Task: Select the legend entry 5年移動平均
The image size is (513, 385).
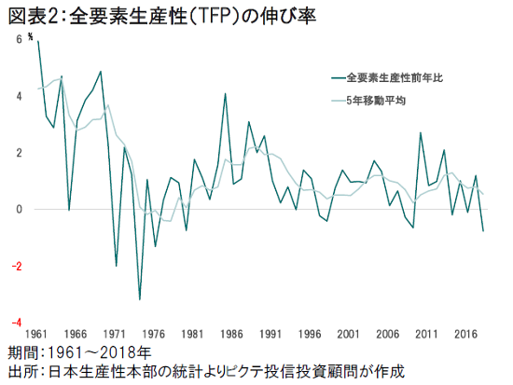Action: [x=376, y=101]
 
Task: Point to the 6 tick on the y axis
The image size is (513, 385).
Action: [x=19, y=40]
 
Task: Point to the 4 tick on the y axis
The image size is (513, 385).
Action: [x=19, y=96]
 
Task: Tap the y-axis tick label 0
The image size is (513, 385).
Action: [x=19, y=209]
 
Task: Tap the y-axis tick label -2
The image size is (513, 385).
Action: [x=17, y=266]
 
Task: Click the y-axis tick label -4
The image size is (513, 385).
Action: [x=17, y=322]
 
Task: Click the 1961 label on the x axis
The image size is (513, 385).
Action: [x=38, y=334]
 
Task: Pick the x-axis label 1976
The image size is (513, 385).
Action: [x=155, y=334]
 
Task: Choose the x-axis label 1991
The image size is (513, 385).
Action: [x=271, y=334]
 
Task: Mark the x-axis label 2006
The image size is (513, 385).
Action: [x=388, y=334]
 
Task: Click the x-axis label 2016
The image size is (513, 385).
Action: [x=465, y=334]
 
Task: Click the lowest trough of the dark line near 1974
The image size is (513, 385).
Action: [x=140, y=299]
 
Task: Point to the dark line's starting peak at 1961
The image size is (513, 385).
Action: [x=38, y=42]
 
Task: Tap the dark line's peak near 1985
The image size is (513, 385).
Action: [x=225, y=94]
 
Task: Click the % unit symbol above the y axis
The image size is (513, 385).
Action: [x=31, y=36]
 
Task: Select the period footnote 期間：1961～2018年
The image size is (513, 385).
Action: [x=78, y=353]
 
